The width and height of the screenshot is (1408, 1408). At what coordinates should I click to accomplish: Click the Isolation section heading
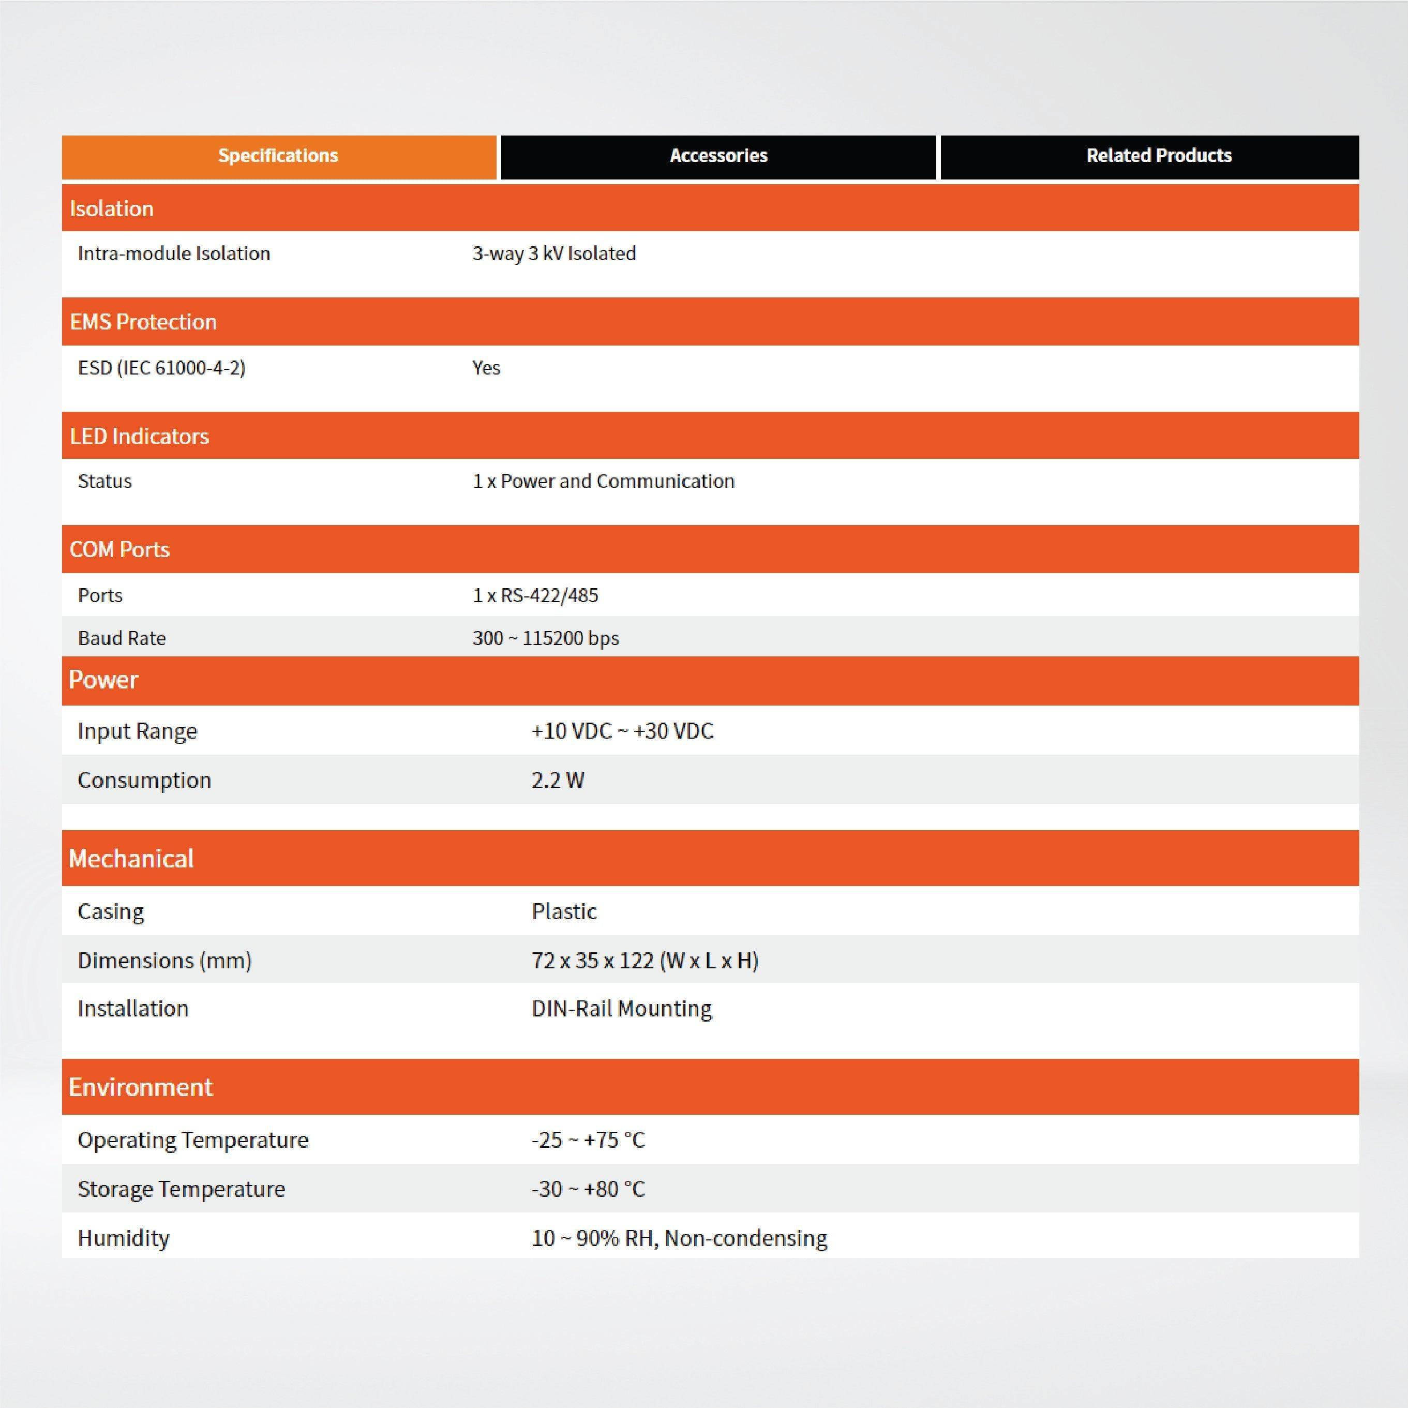tap(112, 209)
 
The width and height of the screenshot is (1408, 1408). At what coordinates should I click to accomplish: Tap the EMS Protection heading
tap(143, 322)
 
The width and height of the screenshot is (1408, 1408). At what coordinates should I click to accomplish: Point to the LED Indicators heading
tap(139, 437)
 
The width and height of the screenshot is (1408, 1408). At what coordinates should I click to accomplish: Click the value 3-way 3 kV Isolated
tap(554, 253)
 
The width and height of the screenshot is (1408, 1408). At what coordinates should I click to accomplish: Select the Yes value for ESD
tap(486, 368)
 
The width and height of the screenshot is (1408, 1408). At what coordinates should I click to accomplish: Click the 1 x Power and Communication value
tap(604, 482)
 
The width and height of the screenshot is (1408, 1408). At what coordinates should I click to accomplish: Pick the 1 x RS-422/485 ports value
tap(535, 595)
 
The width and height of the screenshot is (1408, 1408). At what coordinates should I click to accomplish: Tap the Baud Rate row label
tap(122, 638)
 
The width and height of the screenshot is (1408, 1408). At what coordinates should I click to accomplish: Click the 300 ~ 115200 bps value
tap(545, 638)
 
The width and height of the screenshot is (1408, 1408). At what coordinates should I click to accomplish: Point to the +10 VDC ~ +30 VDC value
tap(622, 731)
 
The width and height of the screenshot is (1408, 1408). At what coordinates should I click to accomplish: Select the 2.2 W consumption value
tap(558, 781)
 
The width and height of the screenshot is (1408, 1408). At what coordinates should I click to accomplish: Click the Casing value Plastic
tap(564, 912)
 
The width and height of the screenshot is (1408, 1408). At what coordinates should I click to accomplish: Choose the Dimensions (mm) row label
tap(164, 961)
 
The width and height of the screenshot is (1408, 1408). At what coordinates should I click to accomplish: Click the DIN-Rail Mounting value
tap(622, 1009)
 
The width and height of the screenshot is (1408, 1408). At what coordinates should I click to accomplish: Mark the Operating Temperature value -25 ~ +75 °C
tap(588, 1140)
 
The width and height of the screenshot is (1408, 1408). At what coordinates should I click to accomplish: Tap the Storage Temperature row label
tap(182, 1189)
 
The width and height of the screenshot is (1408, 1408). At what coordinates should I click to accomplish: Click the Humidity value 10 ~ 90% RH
tap(679, 1238)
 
